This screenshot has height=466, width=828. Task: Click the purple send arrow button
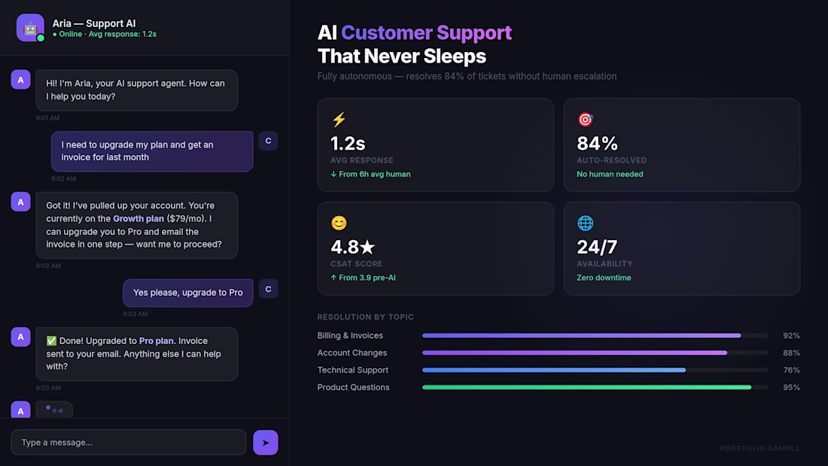[265, 443]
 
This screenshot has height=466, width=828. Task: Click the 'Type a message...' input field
[128, 443]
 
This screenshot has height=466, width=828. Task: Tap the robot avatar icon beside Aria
[30, 28]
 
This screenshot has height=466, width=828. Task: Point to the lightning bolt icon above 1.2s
[339, 120]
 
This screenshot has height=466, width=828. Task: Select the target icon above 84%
[585, 120]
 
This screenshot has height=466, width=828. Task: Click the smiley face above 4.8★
[339, 224]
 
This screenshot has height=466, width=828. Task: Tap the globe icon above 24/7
[585, 224]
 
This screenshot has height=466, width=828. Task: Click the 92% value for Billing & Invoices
[791, 336]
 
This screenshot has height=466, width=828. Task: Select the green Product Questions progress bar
[586, 388]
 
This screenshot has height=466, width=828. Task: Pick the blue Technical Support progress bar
[554, 370]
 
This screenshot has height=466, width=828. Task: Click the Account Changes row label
[352, 353]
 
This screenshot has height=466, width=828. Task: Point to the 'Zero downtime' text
[604, 278]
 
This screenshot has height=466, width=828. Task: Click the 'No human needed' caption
[610, 174]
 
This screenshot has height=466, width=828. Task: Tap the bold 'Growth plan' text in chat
[139, 219]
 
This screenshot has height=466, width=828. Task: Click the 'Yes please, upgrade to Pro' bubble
[188, 293]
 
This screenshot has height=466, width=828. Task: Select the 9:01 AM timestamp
[47, 118]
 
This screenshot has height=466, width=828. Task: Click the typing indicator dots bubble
[54, 410]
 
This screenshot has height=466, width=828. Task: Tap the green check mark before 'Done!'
[51, 341]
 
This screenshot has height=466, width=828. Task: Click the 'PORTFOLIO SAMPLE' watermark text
[760, 449]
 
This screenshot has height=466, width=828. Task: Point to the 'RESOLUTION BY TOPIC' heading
[366, 317]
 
